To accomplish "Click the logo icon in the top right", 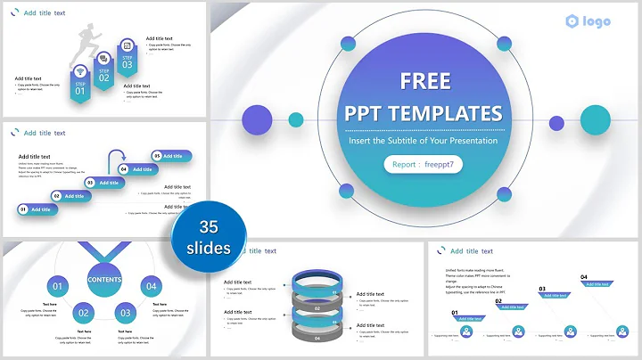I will [572, 21].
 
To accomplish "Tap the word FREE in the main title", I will [424, 81].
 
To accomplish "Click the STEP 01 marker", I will [80, 87].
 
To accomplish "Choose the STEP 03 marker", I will [128, 61].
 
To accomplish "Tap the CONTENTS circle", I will [104, 279].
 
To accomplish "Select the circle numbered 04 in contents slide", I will [152, 286].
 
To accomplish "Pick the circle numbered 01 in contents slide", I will [57, 286].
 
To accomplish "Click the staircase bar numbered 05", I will [172, 156].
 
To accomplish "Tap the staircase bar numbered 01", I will [38, 209].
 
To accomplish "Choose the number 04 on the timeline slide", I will [584, 278].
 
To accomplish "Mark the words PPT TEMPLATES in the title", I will [424, 113].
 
